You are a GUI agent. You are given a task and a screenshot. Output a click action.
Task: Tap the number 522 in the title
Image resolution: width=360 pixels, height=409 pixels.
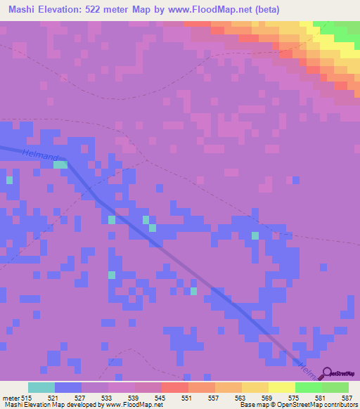point(105,10)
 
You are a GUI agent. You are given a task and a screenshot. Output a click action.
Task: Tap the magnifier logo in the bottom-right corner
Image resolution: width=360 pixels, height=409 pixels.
point(328,373)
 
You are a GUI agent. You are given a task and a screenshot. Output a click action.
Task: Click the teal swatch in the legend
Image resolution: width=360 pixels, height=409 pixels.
point(41,387)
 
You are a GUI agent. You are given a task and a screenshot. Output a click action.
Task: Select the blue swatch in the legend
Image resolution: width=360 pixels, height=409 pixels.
point(68,387)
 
